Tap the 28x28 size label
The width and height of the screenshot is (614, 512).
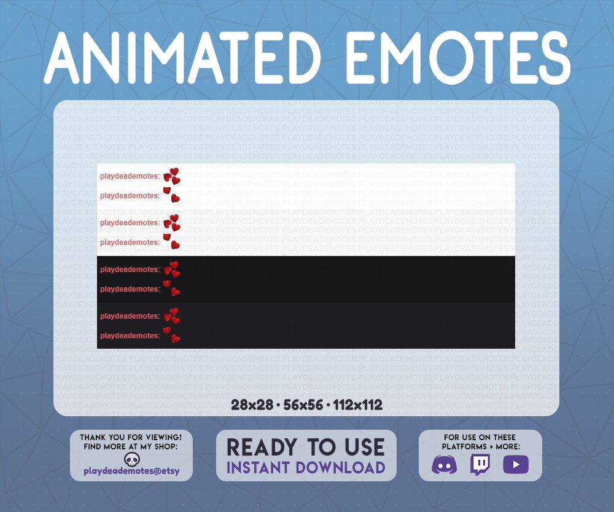tap(253, 405)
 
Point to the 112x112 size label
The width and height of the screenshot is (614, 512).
tap(358, 405)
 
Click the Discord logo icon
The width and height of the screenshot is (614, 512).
tap(445, 465)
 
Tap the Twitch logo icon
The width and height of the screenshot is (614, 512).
tap(480, 465)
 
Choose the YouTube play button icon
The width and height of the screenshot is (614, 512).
tap(516, 465)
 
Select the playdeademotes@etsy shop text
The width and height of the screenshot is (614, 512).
tap(131, 471)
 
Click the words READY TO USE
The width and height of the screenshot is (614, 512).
tap(306, 447)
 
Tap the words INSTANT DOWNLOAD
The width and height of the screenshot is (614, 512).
tap(306, 467)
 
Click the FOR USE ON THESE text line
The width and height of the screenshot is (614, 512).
tap(481, 437)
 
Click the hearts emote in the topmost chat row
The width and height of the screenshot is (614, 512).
tap(172, 176)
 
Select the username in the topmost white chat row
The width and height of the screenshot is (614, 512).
tap(130, 176)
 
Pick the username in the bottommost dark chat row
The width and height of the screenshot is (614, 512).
tap(130, 336)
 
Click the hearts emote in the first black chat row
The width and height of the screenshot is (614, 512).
tap(172, 269)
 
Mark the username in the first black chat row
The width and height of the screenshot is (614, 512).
tap(130, 270)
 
